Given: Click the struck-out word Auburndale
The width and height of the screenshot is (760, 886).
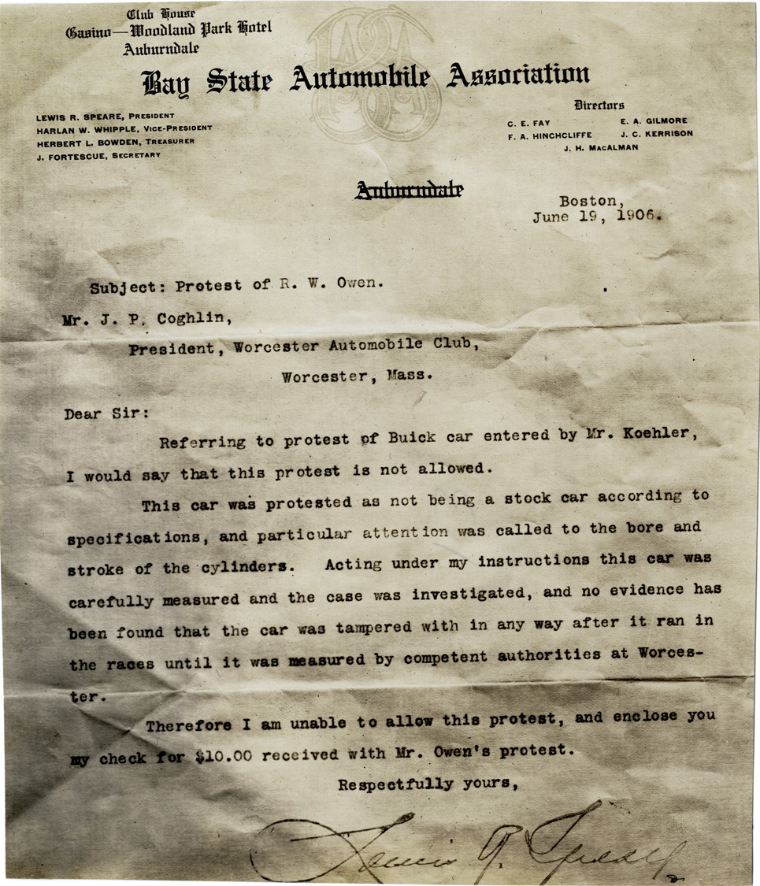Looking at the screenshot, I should (x=409, y=189).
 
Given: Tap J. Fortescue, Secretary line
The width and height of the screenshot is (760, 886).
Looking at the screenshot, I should (x=98, y=155).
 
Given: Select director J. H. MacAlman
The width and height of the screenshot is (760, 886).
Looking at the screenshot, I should (x=601, y=147).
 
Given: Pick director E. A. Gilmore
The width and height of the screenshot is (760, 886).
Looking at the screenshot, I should (x=653, y=121).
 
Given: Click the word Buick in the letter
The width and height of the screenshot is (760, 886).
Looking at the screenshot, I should (x=411, y=438).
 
